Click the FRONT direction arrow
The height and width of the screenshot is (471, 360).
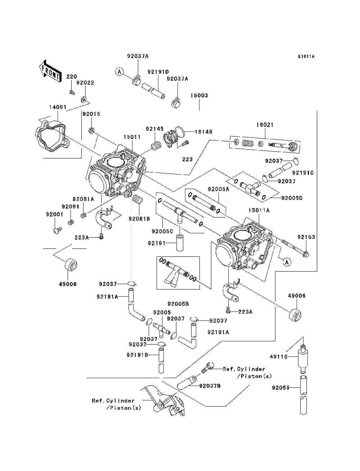tap(50, 71)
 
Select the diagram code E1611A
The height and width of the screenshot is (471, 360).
tap(306, 57)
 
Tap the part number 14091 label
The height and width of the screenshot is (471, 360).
tap(58, 107)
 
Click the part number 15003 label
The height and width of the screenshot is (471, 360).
tap(199, 95)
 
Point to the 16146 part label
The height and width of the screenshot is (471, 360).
tap(203, 131)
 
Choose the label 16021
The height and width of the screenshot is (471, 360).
tap(265, 125)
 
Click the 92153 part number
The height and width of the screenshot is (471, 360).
tap(306, 237)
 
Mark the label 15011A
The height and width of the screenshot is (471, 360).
tap(259, 210)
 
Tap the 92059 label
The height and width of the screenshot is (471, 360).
tap(280, 387)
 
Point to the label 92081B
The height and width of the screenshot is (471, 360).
tap(139, 219)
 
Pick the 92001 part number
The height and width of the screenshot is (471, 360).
tap(54, 214)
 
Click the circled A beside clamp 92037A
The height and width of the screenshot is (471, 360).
tap(120, 72)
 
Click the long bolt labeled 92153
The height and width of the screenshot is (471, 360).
tap(295, 248)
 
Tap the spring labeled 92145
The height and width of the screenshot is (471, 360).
tap(156, 145)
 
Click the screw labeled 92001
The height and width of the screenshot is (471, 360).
tap(57, 230)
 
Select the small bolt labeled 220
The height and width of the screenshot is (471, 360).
tap(72, 93)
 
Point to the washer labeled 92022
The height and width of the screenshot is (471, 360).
tap(84, 99)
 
